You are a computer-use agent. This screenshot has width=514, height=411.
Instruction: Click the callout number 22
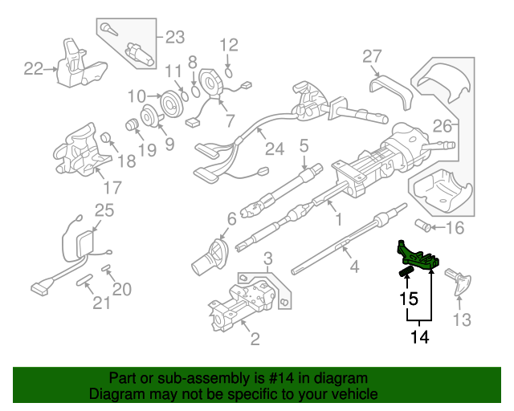point(33,69)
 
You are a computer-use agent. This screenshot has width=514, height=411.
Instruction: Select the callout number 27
point(371,56)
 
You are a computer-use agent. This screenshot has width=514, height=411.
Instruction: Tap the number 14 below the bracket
point(418,337)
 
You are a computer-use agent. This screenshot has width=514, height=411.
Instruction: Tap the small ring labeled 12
point(230,71)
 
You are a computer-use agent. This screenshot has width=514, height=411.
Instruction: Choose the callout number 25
point(104,210)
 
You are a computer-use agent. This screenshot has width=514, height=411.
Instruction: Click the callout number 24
point(275,149)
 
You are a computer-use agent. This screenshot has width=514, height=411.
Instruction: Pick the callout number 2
point(255,340)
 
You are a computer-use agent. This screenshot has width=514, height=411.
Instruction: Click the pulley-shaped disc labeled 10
point(169,105)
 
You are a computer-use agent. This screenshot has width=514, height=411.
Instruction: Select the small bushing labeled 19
point(128,125)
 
